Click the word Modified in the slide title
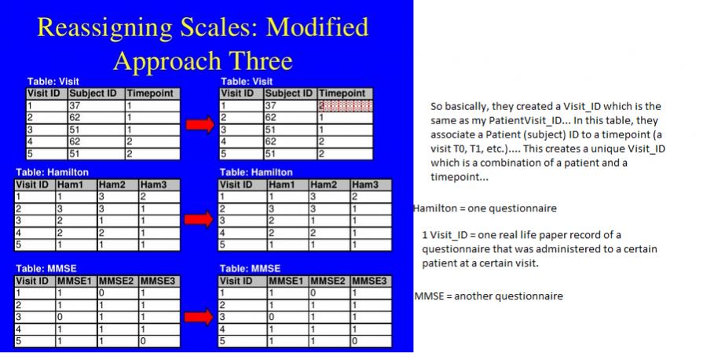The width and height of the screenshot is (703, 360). tap(317, 27)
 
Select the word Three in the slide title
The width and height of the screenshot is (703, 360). tap(261, 61)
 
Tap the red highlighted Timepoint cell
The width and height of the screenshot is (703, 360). tap(346, 106)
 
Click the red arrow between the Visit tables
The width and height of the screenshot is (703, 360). tap(200, 124)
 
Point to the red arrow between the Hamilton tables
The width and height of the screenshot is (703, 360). tap(199, 219)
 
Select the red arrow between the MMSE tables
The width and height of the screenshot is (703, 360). tap(199, 317)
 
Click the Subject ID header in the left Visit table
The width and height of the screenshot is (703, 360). tap(93, 94)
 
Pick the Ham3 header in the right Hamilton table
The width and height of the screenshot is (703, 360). tap(365, 185)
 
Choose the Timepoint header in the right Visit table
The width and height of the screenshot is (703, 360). tap(342, 94)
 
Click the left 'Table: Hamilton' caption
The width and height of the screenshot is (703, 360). tap(52, 172)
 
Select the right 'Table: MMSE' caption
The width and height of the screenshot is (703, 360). tap(250, 269)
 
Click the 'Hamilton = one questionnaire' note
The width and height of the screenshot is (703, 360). tap(485, 208)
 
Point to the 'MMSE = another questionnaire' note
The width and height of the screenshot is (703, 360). tap(489, 296)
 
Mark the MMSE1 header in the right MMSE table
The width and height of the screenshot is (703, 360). tap(286, 281)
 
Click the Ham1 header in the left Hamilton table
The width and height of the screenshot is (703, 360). tap(70, 185)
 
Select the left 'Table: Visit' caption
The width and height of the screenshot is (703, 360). tap(53, 82)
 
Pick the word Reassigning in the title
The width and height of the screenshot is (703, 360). tap(104, 28)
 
